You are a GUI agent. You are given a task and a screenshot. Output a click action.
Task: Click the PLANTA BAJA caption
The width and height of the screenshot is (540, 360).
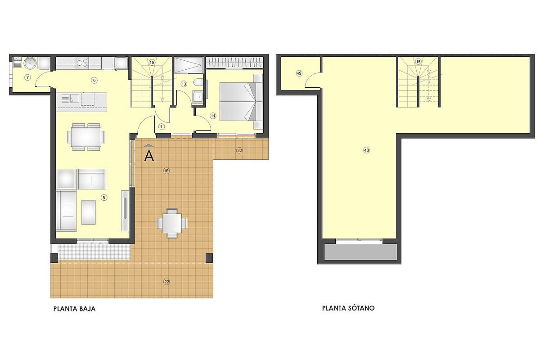(x=75, y=309)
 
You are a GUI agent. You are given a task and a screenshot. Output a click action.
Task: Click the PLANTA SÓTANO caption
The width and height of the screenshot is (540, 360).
(x=348, y=308)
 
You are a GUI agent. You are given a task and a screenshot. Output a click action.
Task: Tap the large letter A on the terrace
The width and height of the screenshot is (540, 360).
(x=149, y=156)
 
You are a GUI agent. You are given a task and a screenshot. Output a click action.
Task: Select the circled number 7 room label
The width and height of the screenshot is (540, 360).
(x=28, y=77)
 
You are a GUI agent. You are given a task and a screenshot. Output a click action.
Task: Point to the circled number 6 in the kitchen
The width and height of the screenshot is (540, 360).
(x=94, y=80)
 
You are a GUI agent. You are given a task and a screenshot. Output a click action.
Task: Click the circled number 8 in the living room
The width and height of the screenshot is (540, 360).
(x=104, y=198)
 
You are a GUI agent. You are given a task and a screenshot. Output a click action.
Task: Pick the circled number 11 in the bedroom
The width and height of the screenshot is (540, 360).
(x=213, y=116)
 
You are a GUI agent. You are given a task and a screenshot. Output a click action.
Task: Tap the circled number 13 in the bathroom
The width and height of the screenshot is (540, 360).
(x=184, y=84)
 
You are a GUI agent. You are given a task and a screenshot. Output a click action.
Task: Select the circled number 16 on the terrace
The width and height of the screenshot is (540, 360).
(x=166, y=171)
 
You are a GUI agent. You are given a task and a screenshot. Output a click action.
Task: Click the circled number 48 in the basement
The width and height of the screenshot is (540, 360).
(x=366, y=150)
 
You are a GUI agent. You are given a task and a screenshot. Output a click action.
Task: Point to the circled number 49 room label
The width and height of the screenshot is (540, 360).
(x=299, y=73)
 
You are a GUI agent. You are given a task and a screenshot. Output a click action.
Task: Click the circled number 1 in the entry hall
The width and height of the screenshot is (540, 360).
(x=162, y=126)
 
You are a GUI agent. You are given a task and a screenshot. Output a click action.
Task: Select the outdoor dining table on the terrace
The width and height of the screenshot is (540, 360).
(x=172, y=223)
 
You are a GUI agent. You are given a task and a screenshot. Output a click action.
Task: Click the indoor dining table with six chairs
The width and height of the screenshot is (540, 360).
(x=86, y=137)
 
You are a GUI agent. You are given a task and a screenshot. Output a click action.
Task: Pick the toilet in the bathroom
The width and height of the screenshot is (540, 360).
(x=198, y=82)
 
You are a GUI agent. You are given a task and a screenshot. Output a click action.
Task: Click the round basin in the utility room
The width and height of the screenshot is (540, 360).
(x=30, y=63)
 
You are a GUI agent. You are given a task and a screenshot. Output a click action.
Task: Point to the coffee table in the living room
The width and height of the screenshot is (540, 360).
(x=89, y=212)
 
